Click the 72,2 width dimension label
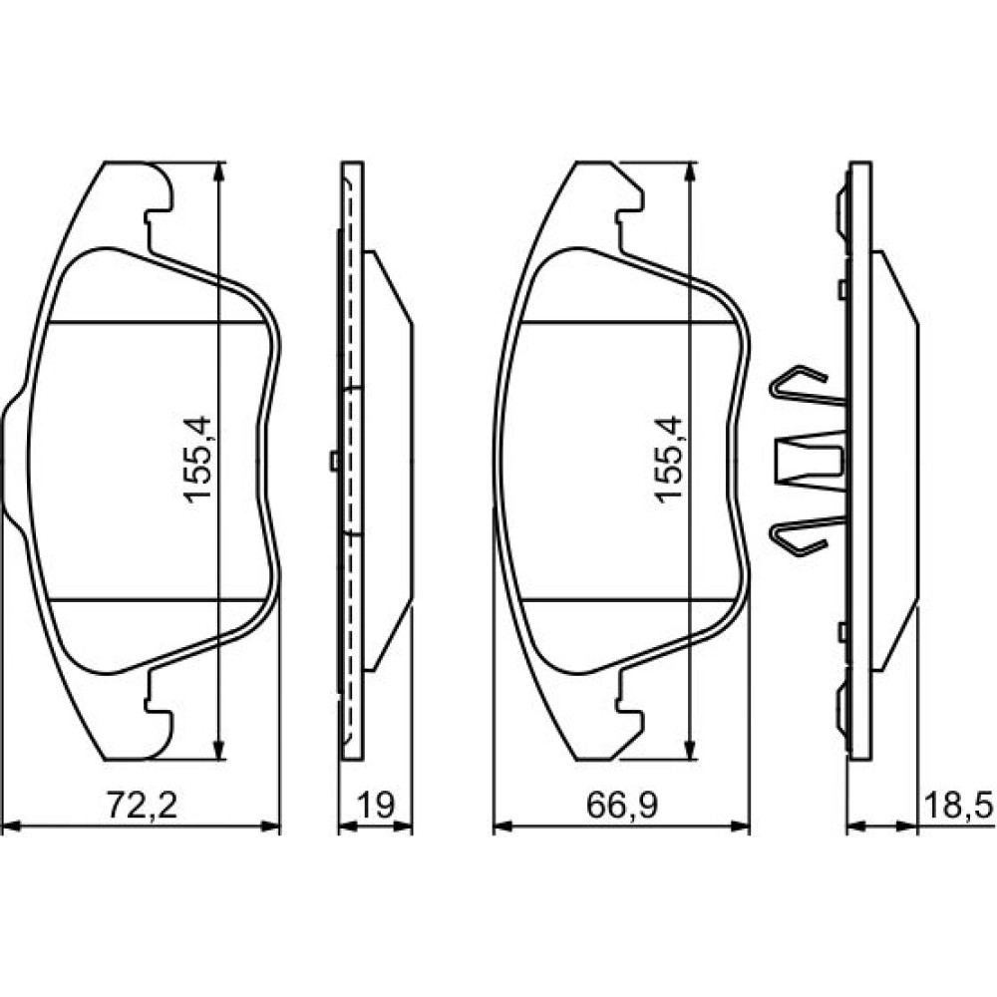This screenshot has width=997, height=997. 142,805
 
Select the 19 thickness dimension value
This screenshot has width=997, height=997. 376,805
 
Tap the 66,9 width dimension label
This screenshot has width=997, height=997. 622,805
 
